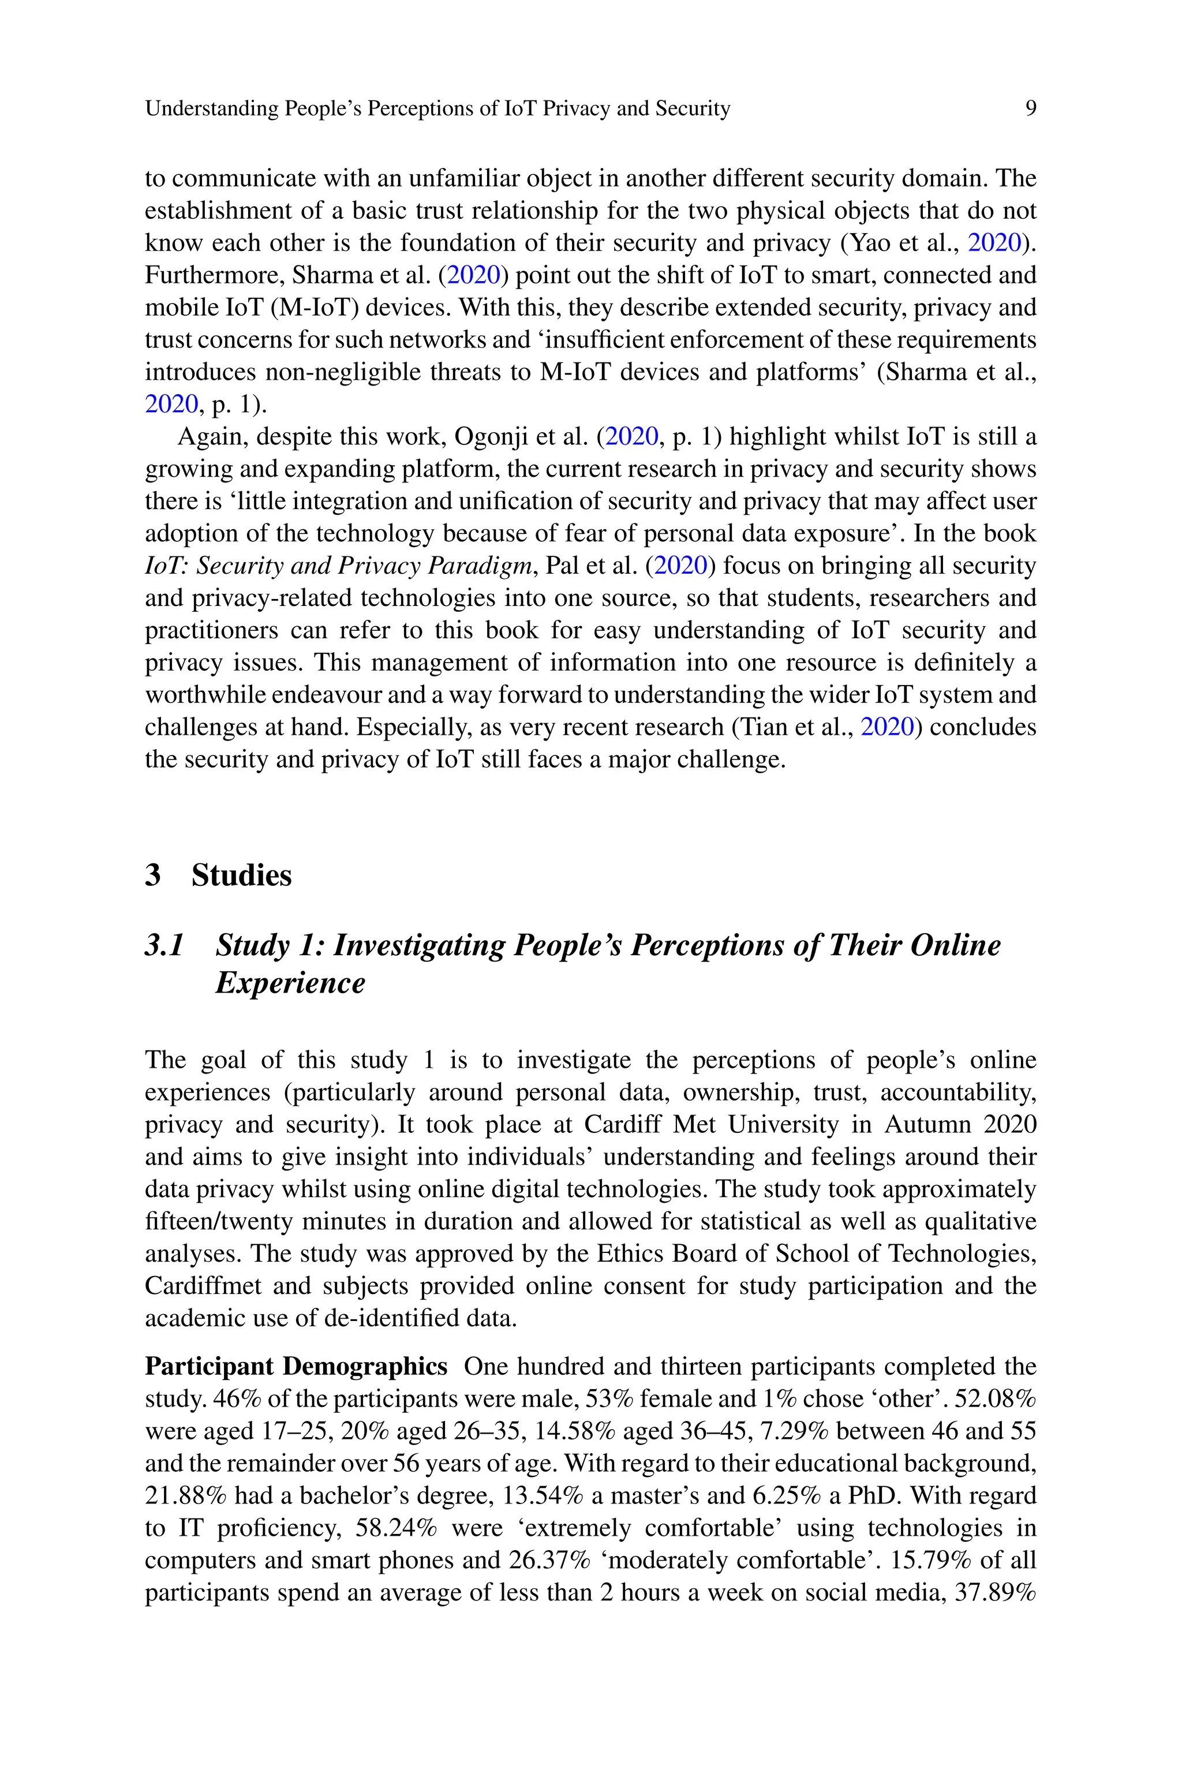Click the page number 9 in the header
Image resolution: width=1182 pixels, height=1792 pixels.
(1030, 109)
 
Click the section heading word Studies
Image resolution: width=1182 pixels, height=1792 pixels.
(241, 876)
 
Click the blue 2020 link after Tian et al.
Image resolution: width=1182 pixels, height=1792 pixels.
(886, 727)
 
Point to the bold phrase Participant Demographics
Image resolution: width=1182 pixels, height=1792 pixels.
(296, 1366)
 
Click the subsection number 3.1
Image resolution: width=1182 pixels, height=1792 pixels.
(164, 945)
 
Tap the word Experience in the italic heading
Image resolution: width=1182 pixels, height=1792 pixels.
(290, 983)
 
